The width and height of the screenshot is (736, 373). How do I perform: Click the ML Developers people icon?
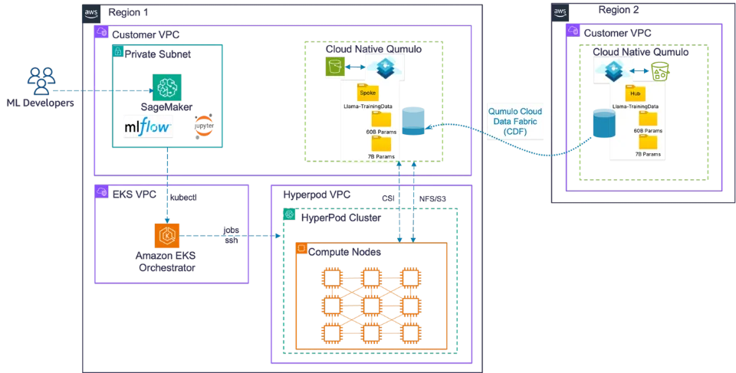click(x=41, y=81)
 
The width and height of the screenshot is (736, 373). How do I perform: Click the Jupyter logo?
click(x=203, y=126)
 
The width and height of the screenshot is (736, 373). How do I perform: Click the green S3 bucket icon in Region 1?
click(x=336, y=67)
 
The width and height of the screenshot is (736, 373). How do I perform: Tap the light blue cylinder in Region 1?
click(x=413, y=122)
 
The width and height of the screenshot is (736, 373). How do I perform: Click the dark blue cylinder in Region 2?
click(x=603, y=123)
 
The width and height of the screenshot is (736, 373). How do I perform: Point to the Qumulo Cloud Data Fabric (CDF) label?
click(x=515, y=120)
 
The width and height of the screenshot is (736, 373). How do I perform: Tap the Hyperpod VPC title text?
click(x=317, y=195)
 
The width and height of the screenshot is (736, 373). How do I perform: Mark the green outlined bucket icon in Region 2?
click(x=660, y=71)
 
